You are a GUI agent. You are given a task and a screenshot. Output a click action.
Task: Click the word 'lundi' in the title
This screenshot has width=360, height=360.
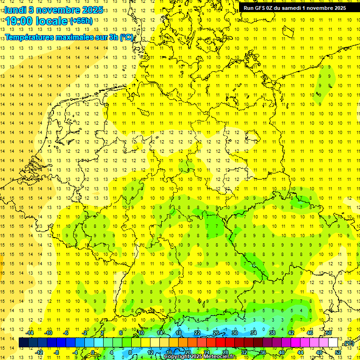(15, 9)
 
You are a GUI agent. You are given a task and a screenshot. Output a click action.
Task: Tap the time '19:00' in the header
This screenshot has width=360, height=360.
(19, 21)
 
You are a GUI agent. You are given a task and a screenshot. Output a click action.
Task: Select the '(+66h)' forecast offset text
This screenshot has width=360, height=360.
(81, 21)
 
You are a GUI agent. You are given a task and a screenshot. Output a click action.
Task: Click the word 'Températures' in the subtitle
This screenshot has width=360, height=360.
(28, 37)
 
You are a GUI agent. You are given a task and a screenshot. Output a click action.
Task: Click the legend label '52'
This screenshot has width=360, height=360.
(338, 352)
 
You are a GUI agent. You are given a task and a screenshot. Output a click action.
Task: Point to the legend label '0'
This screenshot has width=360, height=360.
(92, 352)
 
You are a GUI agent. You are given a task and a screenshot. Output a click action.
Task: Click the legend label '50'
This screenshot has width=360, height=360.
(329, 333)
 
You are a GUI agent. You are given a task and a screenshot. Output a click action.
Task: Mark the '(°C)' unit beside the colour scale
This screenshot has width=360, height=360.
(348, 344)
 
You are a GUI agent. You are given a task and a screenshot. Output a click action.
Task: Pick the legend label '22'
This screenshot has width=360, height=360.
(197, 333)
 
